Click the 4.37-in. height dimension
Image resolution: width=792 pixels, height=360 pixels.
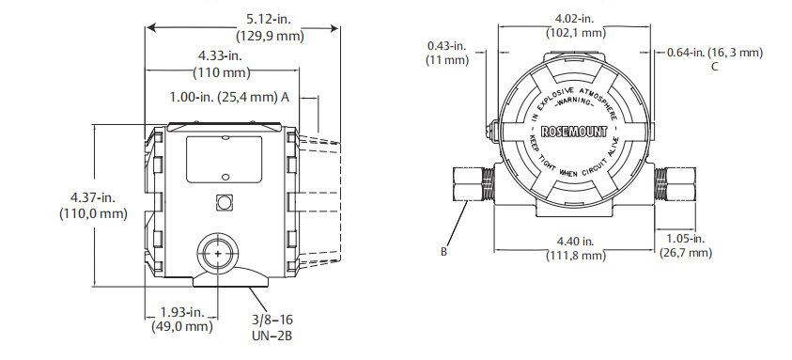pyautogui.click(x=93, y=196)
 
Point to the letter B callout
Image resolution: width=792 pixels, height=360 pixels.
pyautogui.click(x=443, y=251)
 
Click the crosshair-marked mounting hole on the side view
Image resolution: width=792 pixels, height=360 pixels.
pyautogui.click(x=218, y=255)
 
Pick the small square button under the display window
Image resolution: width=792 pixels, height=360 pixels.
pyautogui.click(x=224, y=202)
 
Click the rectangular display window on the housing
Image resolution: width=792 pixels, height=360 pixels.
pyautogui.click(x=224, y=159)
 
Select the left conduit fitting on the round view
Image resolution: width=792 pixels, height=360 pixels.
pyautogui.click(x=473, y=183)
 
